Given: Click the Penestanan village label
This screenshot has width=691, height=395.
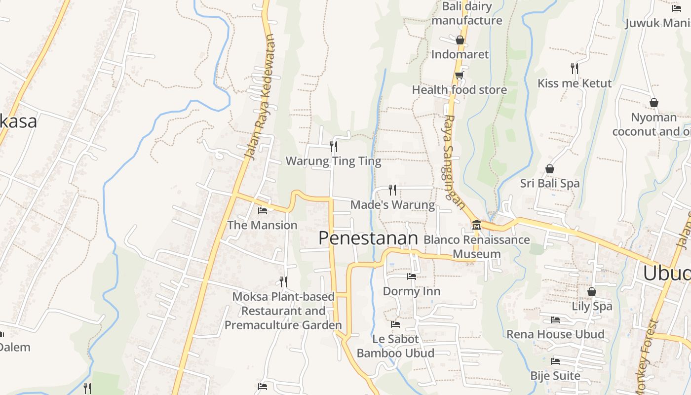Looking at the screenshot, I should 368,238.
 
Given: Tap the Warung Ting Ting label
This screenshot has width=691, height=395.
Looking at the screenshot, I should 333,161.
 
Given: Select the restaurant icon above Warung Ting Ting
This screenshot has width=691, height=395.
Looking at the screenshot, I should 334,146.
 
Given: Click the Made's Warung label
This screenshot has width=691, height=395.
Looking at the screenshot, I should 392,204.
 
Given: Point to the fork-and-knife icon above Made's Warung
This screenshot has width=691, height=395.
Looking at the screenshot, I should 392,190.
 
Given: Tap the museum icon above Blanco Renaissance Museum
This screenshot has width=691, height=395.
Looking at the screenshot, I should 476,225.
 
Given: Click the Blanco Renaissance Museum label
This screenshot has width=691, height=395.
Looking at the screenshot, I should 476,246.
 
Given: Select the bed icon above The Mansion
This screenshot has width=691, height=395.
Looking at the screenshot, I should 263,210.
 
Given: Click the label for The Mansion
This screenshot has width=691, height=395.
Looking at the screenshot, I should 262,225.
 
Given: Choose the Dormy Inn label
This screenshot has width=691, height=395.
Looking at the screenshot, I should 411,291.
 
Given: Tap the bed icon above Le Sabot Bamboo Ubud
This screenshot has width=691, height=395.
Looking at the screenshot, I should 395,324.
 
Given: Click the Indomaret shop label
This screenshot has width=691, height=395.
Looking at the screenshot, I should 460,54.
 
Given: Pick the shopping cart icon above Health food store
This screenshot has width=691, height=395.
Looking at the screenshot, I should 460,75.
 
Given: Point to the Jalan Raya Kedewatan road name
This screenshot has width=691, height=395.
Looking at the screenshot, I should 260,97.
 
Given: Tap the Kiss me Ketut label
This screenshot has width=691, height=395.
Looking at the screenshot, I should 575,83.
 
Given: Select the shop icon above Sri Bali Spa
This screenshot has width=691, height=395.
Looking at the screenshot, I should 550,169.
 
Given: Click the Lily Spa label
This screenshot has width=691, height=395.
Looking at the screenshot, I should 592,306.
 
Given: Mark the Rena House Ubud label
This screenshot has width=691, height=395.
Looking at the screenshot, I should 555,334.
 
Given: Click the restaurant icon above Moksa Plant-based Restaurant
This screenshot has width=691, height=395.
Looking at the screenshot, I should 283,281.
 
